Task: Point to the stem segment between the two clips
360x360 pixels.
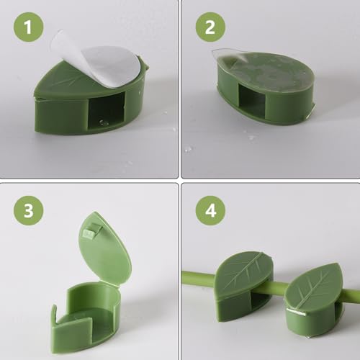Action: [x=277, y=287]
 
